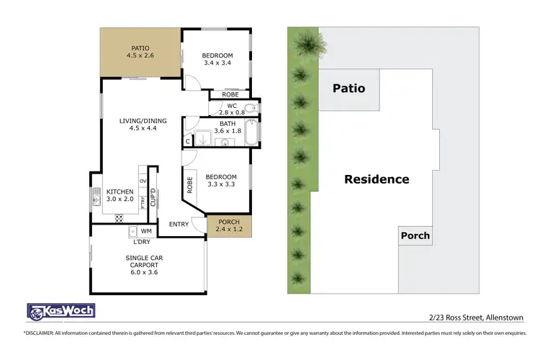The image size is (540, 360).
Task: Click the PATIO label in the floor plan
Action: pyautogui.click(x=140, y=48)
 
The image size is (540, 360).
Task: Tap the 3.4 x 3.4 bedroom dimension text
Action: pyautogui.click(x=217, y=63)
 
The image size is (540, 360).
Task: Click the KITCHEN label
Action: pyautogui.click(x=120, y=192)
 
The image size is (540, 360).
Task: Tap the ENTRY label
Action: pyautogui.click(x=179, y=224)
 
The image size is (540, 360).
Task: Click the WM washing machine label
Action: pyautogui.click(x=146, y=231)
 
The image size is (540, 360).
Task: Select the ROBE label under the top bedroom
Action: pyautogui.click(x=230, y=94)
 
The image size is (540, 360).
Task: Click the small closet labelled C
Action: pyautogui.click(x=187, y=142)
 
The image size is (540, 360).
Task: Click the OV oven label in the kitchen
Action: pyautogui.click(x=143, y=180)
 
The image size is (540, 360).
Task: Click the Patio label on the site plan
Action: pyautogui.click(x=348, y=89)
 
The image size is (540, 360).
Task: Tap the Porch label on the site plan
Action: pyautogui.click(x=415, y=235)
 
